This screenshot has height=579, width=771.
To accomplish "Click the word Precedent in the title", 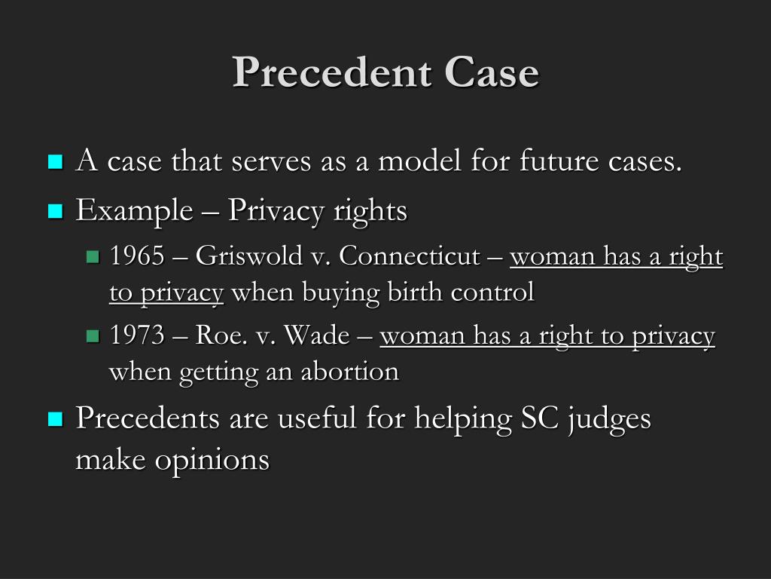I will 331,73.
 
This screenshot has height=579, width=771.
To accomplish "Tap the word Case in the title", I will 492,73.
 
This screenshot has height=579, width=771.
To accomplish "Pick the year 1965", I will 137,257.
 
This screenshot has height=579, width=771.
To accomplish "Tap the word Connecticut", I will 409,257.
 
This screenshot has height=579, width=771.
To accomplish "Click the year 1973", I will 137,336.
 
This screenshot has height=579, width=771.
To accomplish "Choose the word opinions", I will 212,460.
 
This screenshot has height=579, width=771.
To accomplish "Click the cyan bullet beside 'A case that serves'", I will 55,161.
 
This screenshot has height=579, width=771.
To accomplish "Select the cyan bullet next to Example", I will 55,211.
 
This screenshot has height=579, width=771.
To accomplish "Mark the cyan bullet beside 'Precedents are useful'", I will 55,418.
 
